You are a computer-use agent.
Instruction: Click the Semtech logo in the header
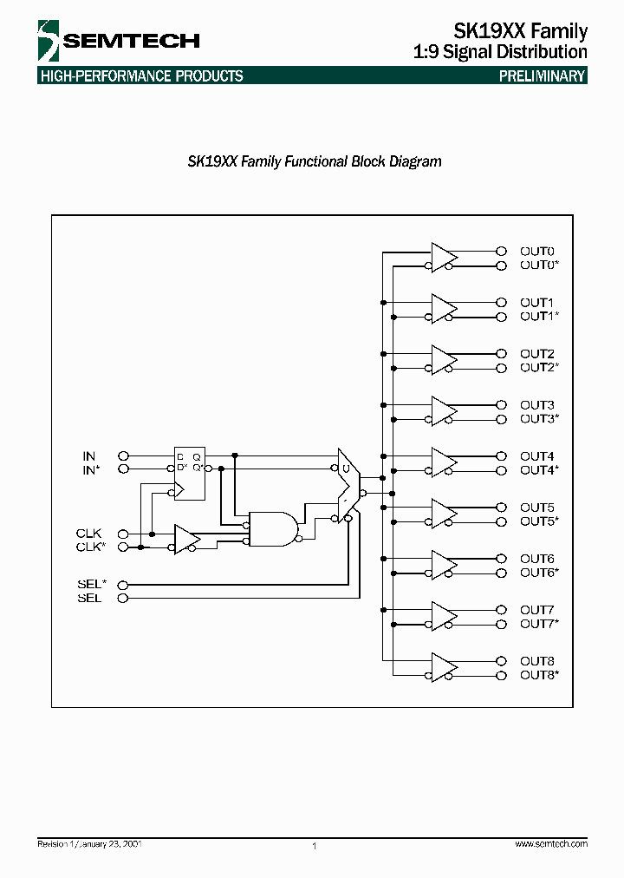point(119,40)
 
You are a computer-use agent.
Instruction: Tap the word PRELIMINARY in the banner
point(543,76)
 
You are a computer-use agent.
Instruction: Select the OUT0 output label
point(537,252)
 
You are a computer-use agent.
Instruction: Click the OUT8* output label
point(540,675)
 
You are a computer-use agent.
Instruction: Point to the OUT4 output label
point(537,456)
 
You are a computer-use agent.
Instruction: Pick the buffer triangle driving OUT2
point(444,360)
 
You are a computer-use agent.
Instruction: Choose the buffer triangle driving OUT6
point(444,565)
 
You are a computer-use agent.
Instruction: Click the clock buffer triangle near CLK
point(186,540)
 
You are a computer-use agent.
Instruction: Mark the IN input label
point(89,455)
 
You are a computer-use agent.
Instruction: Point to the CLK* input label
point(91,547)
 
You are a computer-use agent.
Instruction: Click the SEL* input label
point(91,584)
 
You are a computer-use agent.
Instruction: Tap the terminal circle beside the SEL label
point(123,598)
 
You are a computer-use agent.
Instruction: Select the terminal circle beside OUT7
point(500,610)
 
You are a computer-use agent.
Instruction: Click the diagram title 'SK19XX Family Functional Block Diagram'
point(315,161)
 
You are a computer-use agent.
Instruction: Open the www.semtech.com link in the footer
point(551,844)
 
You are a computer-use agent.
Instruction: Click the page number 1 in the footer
point(314,846)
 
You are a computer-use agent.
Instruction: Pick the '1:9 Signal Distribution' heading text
point(502,52)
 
